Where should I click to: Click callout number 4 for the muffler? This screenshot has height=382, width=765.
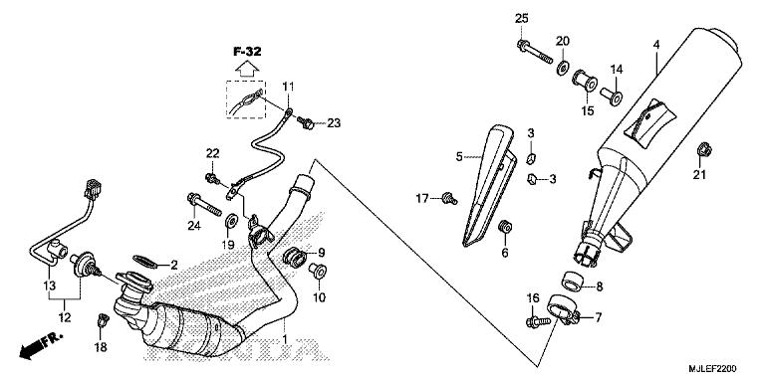[x=656, y=45]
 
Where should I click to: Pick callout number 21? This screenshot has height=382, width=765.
[x=698, y=176]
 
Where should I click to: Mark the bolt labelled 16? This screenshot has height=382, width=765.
[x=534, y=320]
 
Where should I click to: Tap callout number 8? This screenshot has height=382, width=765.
[x=598, y=287]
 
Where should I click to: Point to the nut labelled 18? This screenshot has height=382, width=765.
[x=102, y=320]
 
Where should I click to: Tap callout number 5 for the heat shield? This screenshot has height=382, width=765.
[x=460, y=156]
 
